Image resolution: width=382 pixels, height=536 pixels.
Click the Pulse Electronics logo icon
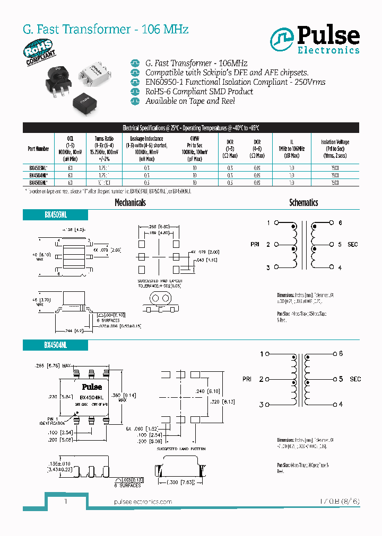click(282, 39)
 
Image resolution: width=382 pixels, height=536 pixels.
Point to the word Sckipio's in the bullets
click(222, 72)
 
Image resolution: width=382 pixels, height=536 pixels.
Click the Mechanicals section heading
click(130, 202)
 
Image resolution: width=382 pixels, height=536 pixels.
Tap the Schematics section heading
click(303, 202)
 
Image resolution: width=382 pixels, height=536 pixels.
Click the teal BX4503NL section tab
click(55, 215)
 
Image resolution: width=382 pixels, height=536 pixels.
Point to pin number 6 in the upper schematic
click(340, 222)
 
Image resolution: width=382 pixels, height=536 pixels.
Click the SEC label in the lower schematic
click(355, 379)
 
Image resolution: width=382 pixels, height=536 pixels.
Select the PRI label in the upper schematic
click(255, 244)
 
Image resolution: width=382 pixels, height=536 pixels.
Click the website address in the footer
click(143, 502)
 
